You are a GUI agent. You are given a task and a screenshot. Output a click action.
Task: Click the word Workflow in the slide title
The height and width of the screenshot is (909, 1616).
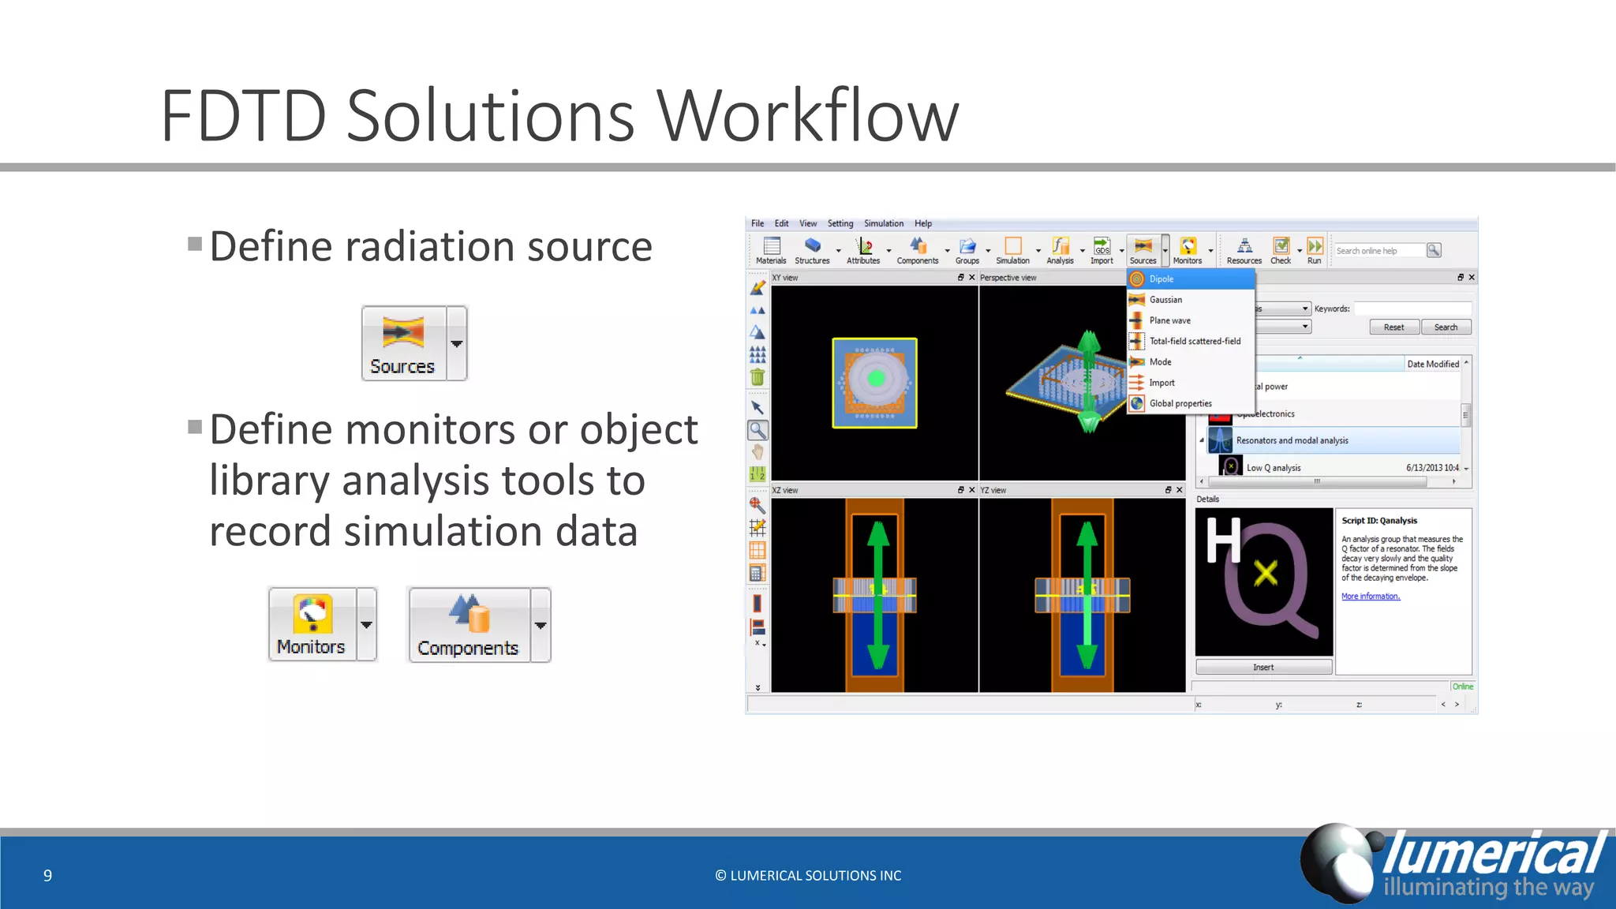click(808, 117)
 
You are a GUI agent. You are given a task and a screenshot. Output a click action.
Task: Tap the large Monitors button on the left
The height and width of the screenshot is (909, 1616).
click(312, 624)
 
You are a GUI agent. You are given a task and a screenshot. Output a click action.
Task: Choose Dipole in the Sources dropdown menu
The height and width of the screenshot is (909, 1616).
click(1161, 279)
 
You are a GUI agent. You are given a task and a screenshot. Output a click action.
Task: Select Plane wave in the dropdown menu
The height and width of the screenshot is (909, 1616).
click(1169, 320)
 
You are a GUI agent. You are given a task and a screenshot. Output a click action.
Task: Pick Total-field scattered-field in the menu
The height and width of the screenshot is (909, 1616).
click(1194, 341)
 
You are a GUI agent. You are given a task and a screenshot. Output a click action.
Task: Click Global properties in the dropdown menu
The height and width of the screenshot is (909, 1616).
click(1180, 403)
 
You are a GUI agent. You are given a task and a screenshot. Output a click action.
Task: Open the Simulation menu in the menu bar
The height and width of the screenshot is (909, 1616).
click(883, 223)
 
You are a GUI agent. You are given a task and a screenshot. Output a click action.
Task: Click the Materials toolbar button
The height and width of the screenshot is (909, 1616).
click(771, 250)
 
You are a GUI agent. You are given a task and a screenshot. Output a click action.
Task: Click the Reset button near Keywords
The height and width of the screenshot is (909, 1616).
click(1393, 327)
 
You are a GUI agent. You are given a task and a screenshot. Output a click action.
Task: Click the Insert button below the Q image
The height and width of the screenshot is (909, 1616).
click(1263, 667)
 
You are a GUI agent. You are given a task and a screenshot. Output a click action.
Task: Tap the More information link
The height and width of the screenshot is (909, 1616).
click(1371, 597)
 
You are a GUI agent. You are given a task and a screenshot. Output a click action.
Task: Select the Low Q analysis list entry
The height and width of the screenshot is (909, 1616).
click(1273, 468)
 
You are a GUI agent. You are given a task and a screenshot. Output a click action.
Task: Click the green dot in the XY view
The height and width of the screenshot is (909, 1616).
click(875, 379)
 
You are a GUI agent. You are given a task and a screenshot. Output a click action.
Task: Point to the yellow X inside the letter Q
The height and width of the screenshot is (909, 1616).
click(1266, 573)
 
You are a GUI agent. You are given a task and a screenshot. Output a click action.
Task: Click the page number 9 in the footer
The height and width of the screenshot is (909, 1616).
click(47, 875)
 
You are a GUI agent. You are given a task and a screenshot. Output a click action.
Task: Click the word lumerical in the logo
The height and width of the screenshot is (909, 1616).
click(1493, 854)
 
